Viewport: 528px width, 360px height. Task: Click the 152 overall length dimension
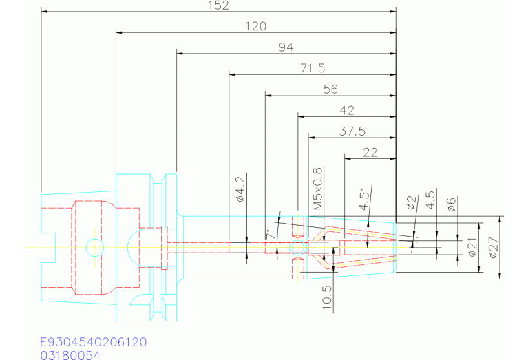[x=218, y=6]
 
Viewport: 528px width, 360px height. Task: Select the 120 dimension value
[x=255, y=26]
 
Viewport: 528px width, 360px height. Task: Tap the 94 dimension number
[x=286, y=47]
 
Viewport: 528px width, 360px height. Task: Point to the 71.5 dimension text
[x=313, y=68]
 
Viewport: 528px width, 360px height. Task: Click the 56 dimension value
[x=330, y=89]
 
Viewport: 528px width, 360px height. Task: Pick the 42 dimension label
[x=347, y=110]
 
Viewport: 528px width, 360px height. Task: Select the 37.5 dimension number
[x=352, y=131]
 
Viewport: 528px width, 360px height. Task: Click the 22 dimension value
[x=370, y=153]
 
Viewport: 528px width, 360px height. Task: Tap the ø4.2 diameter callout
[x=241, y=189]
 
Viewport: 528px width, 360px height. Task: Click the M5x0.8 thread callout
[x=318, y=189]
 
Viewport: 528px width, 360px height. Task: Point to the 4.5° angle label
[x=366, y=199]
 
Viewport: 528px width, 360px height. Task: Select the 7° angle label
[x=270, y=235]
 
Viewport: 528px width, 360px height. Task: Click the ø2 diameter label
[x=412, y=202]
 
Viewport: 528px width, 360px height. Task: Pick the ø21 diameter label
[x=472, y=247]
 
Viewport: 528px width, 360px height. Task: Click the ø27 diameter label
[x=494, y=248]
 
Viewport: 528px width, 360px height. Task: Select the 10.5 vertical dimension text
[x=327, y=297]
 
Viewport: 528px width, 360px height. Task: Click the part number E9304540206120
[x=94, y=342]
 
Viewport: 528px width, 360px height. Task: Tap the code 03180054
[x=70, y=355]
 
